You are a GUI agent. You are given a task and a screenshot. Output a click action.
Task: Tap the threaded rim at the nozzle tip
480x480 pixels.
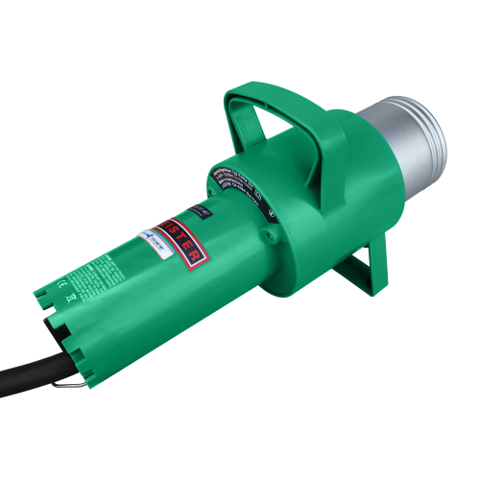(x=430, y=143)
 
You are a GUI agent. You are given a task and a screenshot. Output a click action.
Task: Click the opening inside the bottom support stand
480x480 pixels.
(x=360, y=268)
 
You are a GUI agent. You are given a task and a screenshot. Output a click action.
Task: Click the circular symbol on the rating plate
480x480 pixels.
(x=273, y=213)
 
